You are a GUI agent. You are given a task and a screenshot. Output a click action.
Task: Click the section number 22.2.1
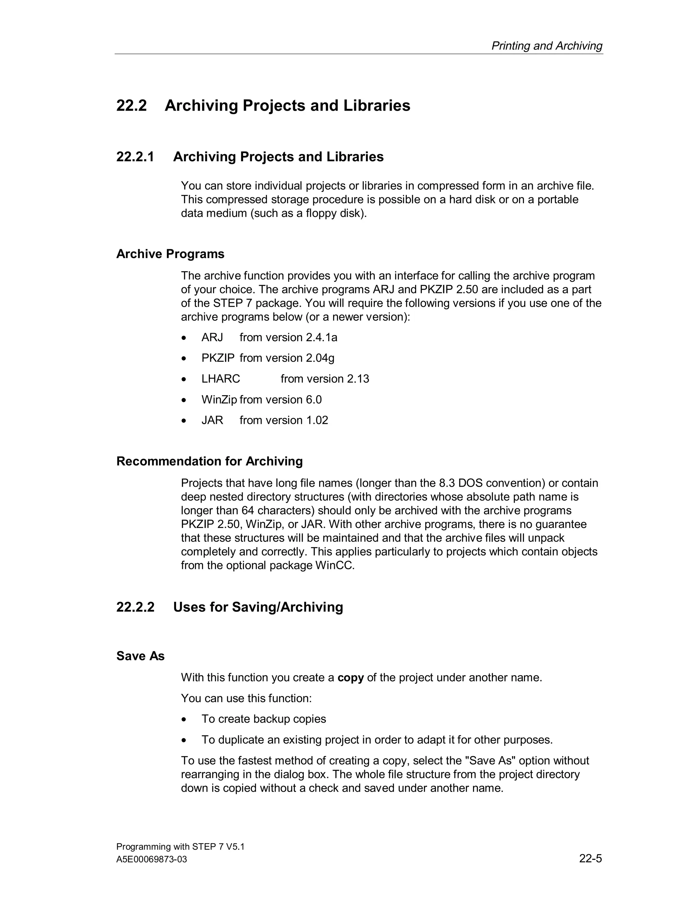coord(135,157)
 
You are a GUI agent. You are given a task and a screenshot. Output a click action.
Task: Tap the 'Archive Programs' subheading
coord(170,254)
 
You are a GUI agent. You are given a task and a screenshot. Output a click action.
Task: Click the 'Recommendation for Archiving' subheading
coord(209,461)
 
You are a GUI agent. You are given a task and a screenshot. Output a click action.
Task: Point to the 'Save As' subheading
coord(140,656)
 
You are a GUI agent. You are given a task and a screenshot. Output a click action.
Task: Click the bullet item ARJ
coord(212,337)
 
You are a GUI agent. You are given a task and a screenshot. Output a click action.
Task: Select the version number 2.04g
coord(320,358)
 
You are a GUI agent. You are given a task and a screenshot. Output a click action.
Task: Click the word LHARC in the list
coord(221,379)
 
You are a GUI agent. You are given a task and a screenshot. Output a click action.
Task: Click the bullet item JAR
coord(212,420)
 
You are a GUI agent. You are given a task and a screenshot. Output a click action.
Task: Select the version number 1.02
coord(317,420)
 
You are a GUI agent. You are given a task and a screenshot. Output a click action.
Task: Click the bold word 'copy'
coord(350,678)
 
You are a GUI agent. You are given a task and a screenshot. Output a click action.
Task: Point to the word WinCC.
coord(334,565)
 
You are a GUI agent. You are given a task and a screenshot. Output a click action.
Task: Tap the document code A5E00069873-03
coord(152,860)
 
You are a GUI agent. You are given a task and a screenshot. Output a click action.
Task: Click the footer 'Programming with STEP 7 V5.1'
coord(180,847)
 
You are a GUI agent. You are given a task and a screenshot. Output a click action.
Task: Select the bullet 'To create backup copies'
coord(263,719)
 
